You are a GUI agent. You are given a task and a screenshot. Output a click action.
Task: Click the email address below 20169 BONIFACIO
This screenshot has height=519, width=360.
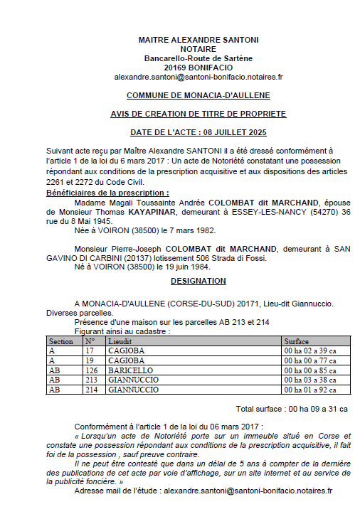198,76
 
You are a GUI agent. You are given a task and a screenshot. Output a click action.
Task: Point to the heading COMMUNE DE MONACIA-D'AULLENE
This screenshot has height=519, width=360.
198,95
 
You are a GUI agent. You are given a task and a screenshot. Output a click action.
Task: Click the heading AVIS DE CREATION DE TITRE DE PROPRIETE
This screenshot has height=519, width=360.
198,114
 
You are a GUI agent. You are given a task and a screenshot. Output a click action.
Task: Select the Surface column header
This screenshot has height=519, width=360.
297,341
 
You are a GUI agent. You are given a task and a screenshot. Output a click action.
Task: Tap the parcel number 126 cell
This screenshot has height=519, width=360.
91,370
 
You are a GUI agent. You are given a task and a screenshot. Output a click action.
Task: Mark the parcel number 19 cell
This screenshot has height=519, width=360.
90,360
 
